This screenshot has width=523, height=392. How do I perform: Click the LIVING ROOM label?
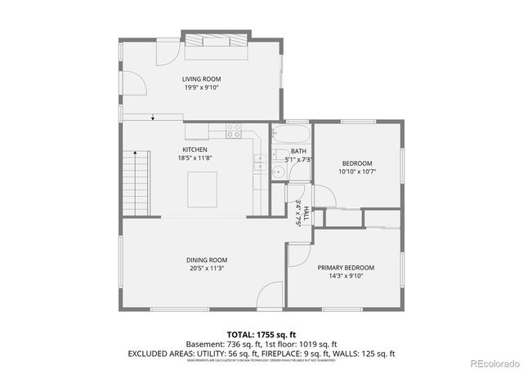pyautogui.click(x=201, y=79)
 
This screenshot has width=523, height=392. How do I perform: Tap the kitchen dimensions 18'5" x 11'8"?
pyautogui.click(x=194, y=158)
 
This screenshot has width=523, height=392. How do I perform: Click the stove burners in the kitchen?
pyautogui.click(x=234, y=129)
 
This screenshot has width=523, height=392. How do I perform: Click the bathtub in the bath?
pyautogui.click(x=291, y=133)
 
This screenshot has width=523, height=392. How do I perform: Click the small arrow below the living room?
pyautogui.click(x=153, y=119)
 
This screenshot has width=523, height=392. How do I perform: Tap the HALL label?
pyautogui.click(x=306, y=214)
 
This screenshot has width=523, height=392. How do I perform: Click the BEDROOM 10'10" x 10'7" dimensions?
pyautogui.click(x=356, y=171)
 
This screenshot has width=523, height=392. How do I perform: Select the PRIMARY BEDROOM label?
pyautogui.click(x=346, y=267)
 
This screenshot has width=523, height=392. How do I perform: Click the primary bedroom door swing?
pyautogui.click(x=299, y=253)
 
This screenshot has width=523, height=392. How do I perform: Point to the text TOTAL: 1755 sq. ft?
pyautogui.click(x=261, y=335)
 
